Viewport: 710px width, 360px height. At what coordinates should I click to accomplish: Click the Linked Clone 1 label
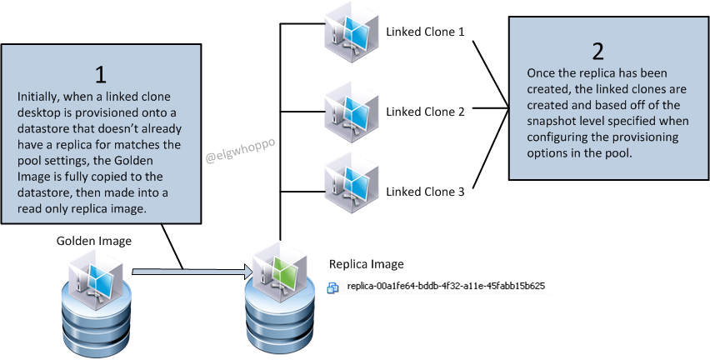[424, 32]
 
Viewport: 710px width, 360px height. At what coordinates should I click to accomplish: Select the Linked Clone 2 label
[424, 112]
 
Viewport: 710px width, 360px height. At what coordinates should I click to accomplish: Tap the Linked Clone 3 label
[424, 192]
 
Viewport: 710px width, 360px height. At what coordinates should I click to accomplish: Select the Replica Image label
[367, 264]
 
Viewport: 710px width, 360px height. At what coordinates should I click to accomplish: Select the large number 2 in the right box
[597, 49]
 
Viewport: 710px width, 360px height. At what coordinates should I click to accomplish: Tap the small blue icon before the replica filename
[333, 287]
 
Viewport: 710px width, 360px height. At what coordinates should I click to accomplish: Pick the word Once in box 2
[542, 73]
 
